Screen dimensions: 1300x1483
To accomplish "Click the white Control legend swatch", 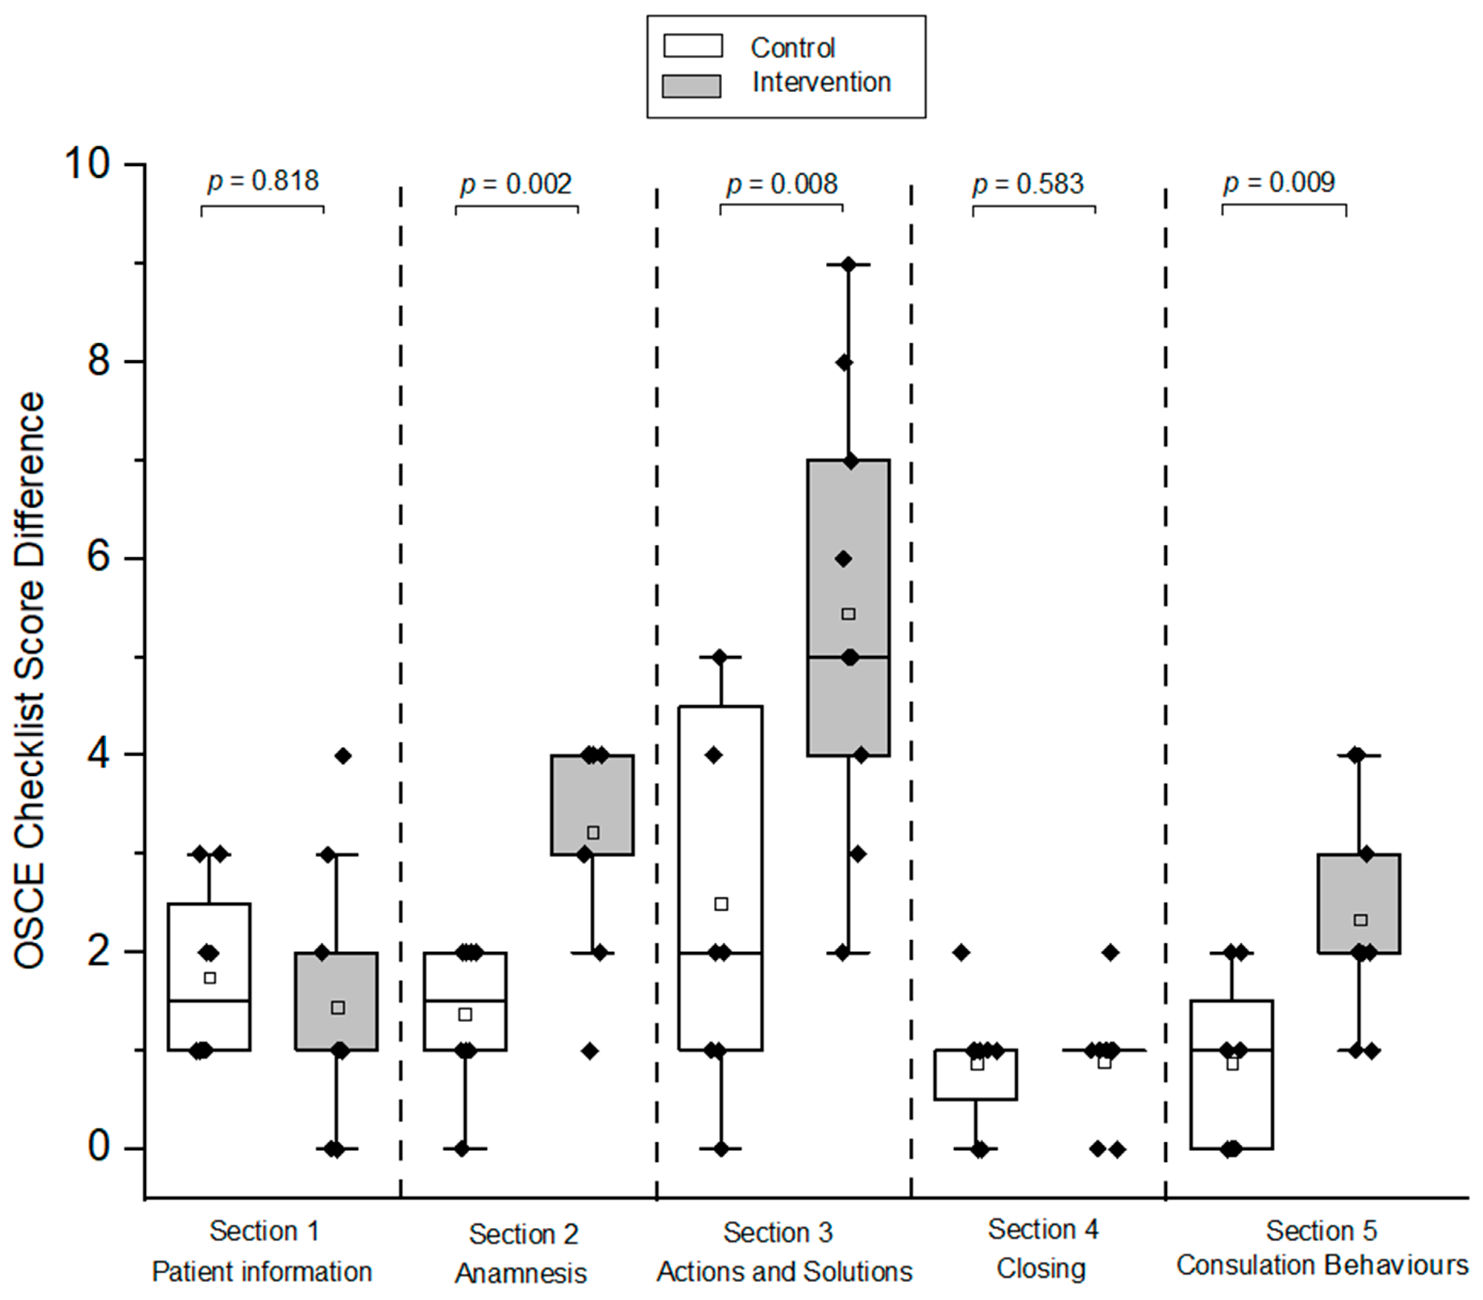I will (x=693, y=46).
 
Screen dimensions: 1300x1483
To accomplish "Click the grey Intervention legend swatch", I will (x=691, y=86).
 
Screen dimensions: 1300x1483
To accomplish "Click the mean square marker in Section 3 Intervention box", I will (x=848, y=614).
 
